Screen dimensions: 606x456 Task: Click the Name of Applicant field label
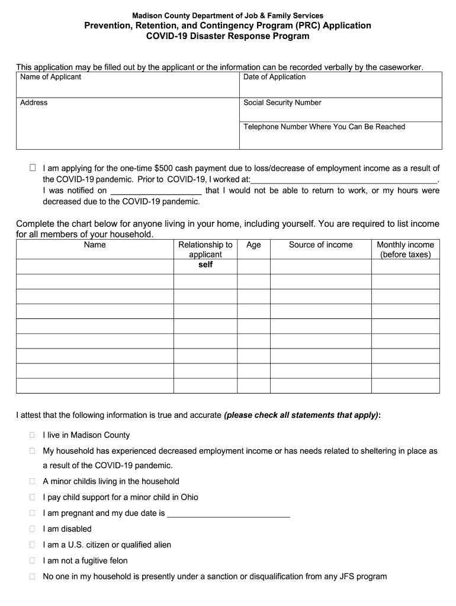click(50, 77)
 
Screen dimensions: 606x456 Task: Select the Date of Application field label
click(274, 77)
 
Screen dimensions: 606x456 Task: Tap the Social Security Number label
click(282, 103)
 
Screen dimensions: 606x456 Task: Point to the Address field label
click(34, 103)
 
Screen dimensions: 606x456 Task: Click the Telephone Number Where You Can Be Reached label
click(324, 127)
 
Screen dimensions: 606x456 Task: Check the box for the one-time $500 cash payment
click(33, 168)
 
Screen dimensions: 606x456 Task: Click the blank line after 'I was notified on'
click(156, 191)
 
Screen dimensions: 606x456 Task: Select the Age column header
click(253, 245)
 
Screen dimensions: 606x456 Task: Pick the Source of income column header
click(320, 245)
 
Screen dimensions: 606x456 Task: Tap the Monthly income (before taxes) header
click(405, 250)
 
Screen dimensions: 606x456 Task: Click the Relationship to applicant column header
click(205, 250)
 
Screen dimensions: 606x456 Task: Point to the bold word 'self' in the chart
click(205, 265)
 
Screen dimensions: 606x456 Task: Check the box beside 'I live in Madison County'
click(33, 435)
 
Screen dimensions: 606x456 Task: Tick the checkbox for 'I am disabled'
click(33, 529)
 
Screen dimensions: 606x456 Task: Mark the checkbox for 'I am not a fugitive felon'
click(33, 560)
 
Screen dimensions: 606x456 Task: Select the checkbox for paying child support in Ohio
click(33, 497)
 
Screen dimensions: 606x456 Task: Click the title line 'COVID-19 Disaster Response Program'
click(227, 36)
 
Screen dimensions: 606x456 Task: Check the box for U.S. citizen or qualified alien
click(33, 545)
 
